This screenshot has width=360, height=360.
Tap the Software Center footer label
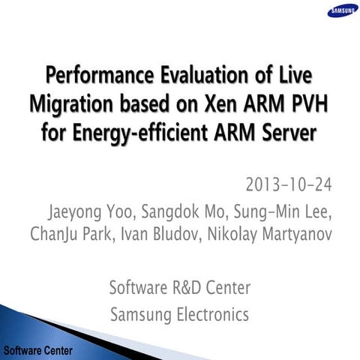coord(37,349)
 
